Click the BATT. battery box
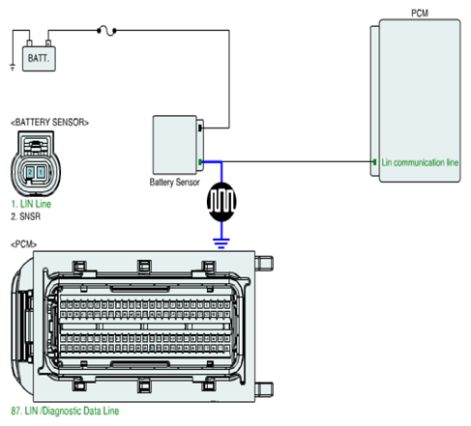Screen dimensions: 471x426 [x=39, y=59]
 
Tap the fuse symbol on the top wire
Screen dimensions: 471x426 [x=106, y=31]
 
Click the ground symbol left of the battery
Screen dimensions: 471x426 [x=13, y=68]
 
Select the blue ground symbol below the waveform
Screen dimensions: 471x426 [x=221, y=243]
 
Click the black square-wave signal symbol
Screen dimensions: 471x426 [x=221, y=202]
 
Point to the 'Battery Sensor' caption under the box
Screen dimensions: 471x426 [x=174, y=183]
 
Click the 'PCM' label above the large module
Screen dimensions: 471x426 [x=420, y=14]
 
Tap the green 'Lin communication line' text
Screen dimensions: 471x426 [x=420, y=162]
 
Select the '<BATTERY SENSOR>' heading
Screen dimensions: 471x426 [x=49, y=123]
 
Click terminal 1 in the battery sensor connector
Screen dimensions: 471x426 [x=41, y=172]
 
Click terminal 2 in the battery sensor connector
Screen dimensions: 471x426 [x=30, y=172]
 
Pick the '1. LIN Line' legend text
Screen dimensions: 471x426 [x=31, y=204]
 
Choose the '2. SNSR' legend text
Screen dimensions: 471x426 [x=26, y=216]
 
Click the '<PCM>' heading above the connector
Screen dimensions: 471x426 [x=23, y=244]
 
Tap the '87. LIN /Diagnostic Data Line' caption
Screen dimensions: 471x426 [x=65, y=411]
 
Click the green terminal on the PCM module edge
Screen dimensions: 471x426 [x=374, y=162]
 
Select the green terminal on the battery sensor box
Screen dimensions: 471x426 [x=200, y=162]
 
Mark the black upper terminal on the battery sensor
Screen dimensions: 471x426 [x=200, y=128]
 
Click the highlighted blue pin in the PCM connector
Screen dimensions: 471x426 [x=152, y=348]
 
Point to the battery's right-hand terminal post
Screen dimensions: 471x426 [x=48, y=43]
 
